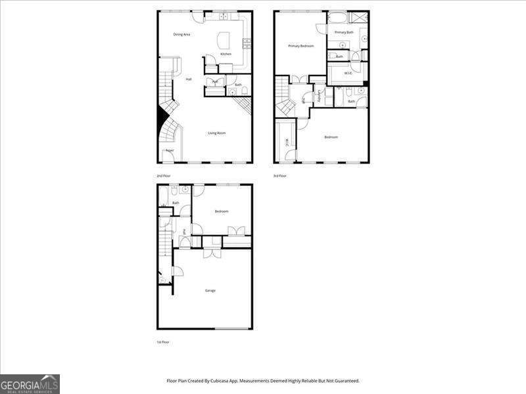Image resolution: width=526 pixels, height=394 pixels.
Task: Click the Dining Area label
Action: pyautogui.click(x=182, y=34)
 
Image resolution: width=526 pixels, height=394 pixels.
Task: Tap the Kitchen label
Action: pyautogui.click(x=226, y=54)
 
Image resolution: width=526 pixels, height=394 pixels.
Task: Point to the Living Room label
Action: pyautogui.click(x=217, y=133)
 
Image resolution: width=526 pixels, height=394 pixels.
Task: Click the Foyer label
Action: pyautogui.click(x=170, y=150)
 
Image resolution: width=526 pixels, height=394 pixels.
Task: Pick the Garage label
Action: pyautogui.click(x=210, y=290)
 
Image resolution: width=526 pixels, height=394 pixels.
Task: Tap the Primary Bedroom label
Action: pyautogui.click(x=301, y=46)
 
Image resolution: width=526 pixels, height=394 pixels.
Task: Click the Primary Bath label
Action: pyautogui.click(x=345, y=32)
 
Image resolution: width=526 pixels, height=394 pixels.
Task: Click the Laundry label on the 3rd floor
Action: pyautogui.click(x=319, y=97)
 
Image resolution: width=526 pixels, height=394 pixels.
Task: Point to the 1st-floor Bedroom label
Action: pyautogui.click(x=222, y=211)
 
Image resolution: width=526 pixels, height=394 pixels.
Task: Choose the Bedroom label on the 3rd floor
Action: pyautogui.click(x=331, y=137)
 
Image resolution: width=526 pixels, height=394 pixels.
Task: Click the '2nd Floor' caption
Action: pyautogui.click(x=163, y=176)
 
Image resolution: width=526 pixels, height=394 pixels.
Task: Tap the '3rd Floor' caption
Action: pyautogui.click(x=280, y=176)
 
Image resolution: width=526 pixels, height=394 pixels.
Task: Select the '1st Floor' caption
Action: pyautogui.click(x=163, y=342)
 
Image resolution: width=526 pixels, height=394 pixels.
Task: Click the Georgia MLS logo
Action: pyautogui.click(x=30, y=383)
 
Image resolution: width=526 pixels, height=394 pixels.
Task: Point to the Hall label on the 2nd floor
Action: pyautogui.click(x=189, y=79)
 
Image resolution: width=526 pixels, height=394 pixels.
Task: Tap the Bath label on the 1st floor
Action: pyautogui.click(x=176, y=203)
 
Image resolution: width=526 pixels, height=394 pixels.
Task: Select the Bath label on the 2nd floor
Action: pyautogui.click(x=238, y=85)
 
